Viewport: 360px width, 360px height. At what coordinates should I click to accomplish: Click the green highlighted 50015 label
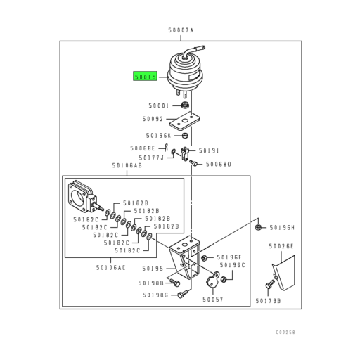click(x=145, y=76)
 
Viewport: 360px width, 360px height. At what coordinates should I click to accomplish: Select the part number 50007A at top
click(x=181, y=30)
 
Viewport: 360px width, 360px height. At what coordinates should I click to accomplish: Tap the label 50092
click(x=153, y=119)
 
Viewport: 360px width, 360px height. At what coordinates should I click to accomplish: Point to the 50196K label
click(x=158, y=136)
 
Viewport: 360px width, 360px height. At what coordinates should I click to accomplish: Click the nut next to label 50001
click(x=186, y=105)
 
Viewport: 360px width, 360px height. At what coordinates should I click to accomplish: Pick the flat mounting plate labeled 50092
click(x=185, y=121)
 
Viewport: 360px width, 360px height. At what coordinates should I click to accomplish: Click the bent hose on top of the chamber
click(x=193, y=51)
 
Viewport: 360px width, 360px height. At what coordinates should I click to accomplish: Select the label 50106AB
click(x=127, y=165)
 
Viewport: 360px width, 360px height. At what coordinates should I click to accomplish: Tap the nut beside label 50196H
click(x=258, y=227)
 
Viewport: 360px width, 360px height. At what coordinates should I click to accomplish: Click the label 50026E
click(x=281, y=246)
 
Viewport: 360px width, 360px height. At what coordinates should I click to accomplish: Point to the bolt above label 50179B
click(x=270, y=284)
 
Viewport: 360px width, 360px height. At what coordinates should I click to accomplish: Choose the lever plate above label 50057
click(x=213, y=280)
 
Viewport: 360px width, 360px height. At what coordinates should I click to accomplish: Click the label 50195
click(x=153, y=269)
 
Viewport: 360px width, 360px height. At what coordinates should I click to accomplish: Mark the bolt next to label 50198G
click(x=183, y=294)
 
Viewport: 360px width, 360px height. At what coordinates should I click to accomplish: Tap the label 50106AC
click(x=111, y=268)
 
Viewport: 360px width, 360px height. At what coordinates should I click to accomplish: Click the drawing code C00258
click(x=285, y=333)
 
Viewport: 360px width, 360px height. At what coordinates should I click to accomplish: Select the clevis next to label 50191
click(x=185, y=153)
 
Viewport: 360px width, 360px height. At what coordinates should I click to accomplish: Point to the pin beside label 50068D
click(x=194, y=163)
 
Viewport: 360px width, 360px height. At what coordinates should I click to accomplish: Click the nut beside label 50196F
click(x=204, y=258)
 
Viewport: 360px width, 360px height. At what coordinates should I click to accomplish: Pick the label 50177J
click(x=151, y=157)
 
